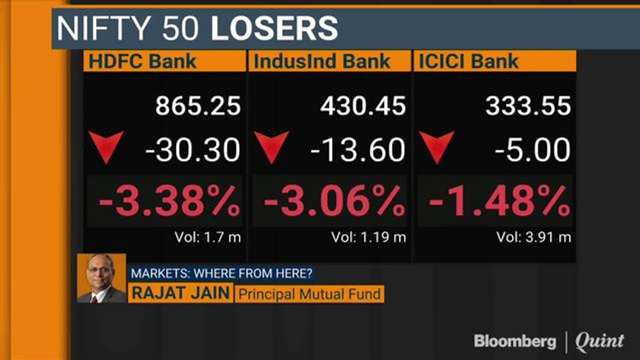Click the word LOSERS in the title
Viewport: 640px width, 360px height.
tap(274, 28)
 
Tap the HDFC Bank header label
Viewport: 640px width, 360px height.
tap(142, 61)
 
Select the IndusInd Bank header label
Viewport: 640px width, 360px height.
tap(322, 61)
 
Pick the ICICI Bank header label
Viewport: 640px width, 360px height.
tap(468, 61)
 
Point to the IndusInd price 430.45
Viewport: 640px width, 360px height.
tap(363, 106)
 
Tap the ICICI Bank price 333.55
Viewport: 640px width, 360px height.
tap(528, 106)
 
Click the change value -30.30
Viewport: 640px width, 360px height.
tap(193, 150)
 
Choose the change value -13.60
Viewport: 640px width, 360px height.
tap(357, 150)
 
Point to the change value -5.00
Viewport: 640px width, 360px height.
tap(532, 150)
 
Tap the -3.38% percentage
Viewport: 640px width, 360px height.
tap(169, 201)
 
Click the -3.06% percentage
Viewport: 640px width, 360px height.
tap(334, 201)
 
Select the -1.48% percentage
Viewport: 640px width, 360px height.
tap(499, 201)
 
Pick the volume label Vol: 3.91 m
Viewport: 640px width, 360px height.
tap(533, 237)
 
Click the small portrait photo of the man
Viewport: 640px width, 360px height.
tap(101, 278)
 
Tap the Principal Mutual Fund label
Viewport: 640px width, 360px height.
tap(309, 294)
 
